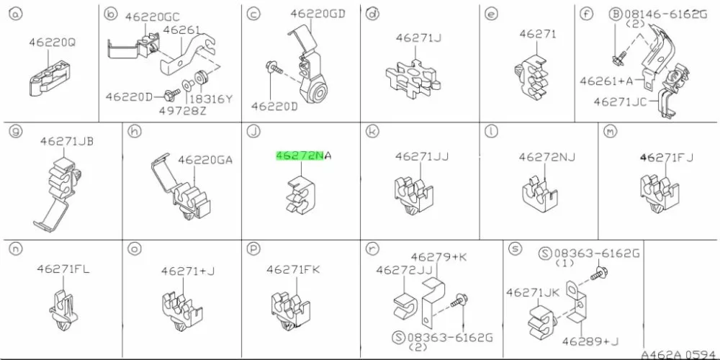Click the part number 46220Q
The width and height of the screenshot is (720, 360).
coord(52,42)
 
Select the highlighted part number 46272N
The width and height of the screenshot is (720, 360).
coord(300,156)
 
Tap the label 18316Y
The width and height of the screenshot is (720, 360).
coord(211,99)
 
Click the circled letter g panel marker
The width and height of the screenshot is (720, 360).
coord(16,132)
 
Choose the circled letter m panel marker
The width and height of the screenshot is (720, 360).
coord(609,132)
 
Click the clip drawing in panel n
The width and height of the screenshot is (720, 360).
coord(63,311)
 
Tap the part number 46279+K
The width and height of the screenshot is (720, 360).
coord(438,257)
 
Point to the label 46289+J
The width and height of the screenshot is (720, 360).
coord(591,341)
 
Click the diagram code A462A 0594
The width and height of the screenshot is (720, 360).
coord(680,354)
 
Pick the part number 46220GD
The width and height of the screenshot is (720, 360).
coord(318,14)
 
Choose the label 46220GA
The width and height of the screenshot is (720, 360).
coord(204,160)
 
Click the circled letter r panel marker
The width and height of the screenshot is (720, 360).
coord(372,248)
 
